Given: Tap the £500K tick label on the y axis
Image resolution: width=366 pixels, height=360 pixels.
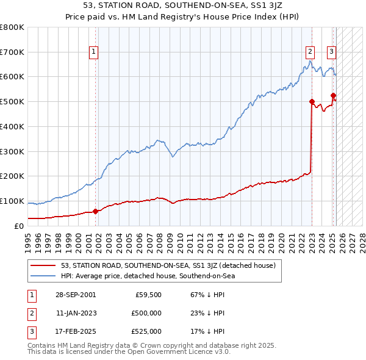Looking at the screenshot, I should click(12, 101).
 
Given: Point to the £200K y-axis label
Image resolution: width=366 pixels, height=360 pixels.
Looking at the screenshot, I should click(12, 176).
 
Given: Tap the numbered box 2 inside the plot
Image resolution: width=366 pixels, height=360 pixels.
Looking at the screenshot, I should click(310, 52).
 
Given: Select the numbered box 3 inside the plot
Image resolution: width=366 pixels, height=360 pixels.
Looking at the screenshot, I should click(331, 52).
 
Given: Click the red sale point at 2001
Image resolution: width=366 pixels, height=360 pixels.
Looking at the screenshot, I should click(96, 211).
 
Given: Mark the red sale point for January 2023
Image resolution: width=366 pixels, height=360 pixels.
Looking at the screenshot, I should click(312, 101).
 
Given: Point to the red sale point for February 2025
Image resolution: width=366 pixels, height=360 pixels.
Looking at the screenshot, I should click(333, 95).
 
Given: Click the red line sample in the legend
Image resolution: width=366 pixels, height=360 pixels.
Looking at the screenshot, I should click(43, 265).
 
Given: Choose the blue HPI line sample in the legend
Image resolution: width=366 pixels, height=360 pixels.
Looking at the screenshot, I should click(43, 276).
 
